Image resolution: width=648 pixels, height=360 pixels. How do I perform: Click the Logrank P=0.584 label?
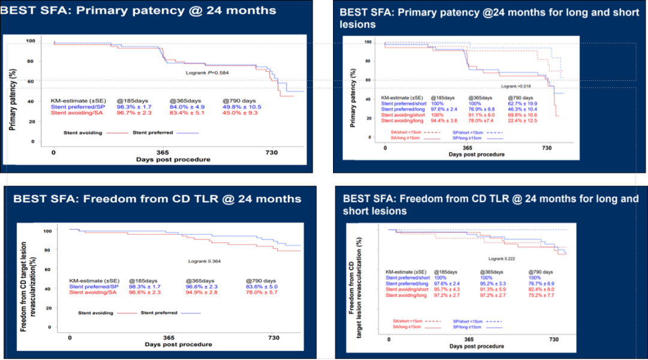click(x=207, y=73)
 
